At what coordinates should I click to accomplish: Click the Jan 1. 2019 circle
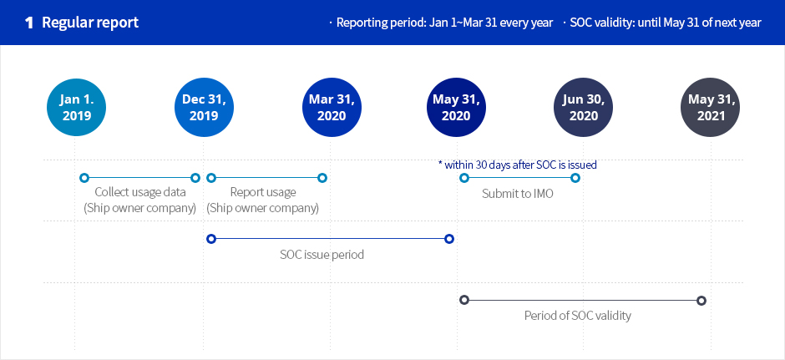coord(76,107)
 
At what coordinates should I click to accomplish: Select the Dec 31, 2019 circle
coord(204,107)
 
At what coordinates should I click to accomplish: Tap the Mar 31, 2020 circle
coord(332,107)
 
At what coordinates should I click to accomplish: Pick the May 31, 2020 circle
coord(456,107)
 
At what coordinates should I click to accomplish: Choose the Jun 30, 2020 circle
coord(583,107)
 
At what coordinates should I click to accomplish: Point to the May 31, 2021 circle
coord(711,107)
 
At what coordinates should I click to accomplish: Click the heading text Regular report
coord(90,23)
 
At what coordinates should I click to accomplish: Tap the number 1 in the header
coord(29,23)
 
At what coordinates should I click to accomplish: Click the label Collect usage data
coord(140,192)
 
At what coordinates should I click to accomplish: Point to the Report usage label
coord(263,192)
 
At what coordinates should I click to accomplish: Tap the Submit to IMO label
coord(518,194)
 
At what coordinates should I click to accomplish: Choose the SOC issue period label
coord(322,255)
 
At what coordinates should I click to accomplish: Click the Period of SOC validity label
coord(578,316)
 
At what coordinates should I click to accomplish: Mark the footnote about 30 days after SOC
coord(517,165)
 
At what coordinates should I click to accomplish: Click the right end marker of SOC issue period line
coord(449,239)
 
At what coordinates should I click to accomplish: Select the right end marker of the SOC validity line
coord(701,301)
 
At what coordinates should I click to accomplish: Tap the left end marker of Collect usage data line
coord(84,178)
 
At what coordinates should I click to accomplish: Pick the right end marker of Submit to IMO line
coord(575,178)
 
